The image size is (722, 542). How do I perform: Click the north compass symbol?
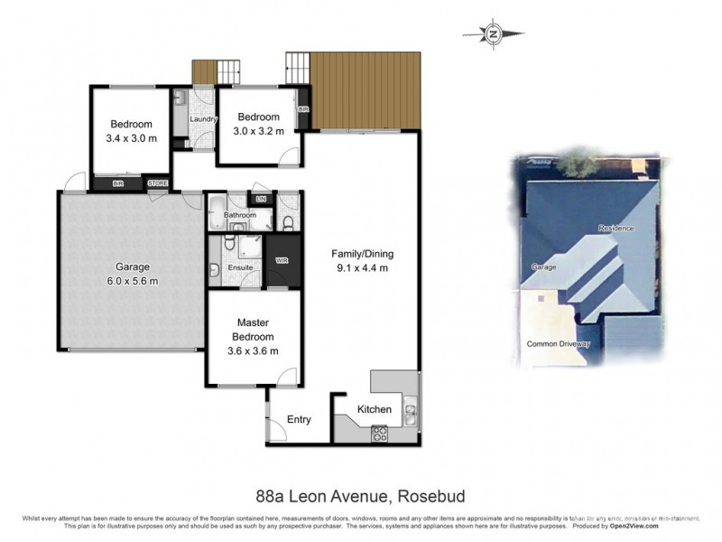494,34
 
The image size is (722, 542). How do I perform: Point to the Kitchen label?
375,409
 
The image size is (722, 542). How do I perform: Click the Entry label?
299,419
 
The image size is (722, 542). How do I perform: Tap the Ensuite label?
239,268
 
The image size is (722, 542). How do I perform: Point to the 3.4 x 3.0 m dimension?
132,138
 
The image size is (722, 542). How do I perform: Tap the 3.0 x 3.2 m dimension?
259,131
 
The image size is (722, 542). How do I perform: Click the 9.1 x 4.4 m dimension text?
360,267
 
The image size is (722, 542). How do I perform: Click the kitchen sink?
411,414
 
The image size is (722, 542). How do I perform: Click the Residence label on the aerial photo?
616,229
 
